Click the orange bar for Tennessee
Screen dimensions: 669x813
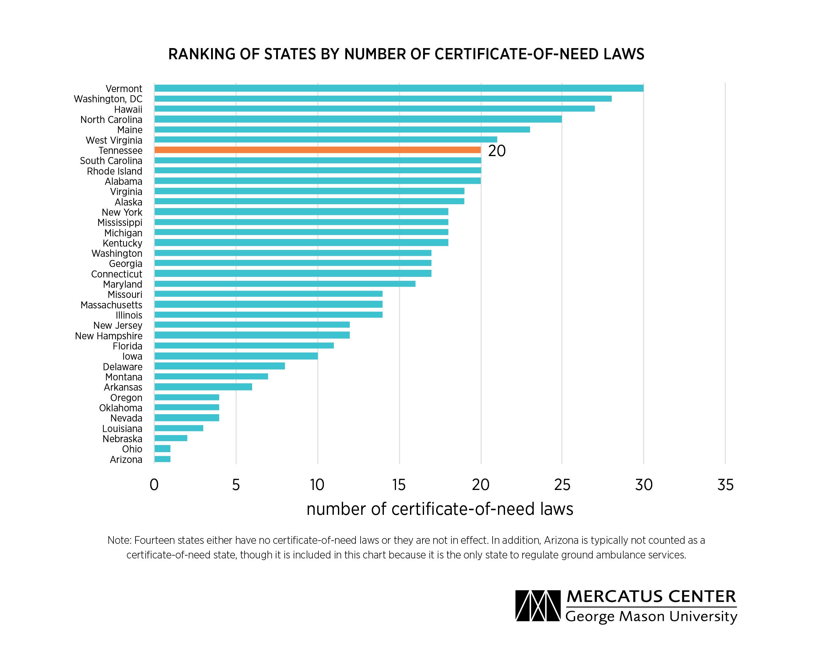318,150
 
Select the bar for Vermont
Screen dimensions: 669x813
399,88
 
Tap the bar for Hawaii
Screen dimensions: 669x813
374,109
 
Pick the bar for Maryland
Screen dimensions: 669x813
285,284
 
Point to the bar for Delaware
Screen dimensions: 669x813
219,366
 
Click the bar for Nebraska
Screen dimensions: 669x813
171,438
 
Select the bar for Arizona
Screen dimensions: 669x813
162,459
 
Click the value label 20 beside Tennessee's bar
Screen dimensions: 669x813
496,151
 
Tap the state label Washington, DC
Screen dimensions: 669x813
108,99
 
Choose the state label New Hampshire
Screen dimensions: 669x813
108,336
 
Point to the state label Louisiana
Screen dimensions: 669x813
122,428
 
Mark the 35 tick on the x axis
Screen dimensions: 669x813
725,485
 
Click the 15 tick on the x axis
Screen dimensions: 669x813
399,485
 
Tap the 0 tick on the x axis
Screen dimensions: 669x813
154,485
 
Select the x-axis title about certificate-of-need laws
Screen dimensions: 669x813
440,509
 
